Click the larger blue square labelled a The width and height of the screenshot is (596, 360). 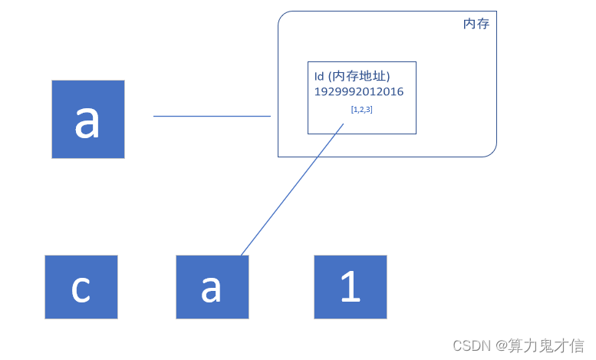click(88, 119)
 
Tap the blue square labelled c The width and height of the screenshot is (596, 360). click(81, 287)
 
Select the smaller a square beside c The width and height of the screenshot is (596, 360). click(212, 287)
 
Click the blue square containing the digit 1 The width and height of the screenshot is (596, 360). click(351, 287)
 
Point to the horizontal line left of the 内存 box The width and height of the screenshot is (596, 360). click(212, 116)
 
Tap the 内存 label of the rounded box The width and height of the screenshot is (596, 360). click(476, 25)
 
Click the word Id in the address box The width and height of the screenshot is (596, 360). click(319, 76)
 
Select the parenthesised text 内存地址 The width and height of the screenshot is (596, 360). click(360, 76)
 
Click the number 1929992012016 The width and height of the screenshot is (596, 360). click(358, 92)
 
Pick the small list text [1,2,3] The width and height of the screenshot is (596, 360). click(361, 110)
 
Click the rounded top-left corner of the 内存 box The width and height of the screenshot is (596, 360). click(283, 16)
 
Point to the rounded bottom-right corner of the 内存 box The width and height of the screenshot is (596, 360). click(492, 152)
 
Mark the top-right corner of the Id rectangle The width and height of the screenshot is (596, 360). click(416, 62)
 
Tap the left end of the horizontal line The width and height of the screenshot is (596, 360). click(154, 116)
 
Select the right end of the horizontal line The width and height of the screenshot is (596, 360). click(270, 116)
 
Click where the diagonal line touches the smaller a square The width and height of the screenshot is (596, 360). click(241, 255)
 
